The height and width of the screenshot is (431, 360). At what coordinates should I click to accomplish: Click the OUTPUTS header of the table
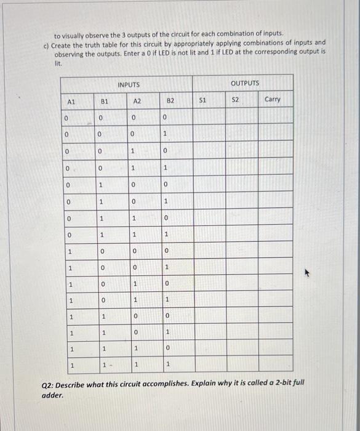(x=245, y=82)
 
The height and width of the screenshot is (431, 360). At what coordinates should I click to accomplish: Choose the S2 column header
(x=234, y=99)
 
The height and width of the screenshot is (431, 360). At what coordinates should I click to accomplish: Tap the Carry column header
(x=272, y=99)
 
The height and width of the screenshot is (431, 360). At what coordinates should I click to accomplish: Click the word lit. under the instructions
(x=58, y=63)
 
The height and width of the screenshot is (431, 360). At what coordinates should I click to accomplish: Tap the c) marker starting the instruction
(x=46, y=45)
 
